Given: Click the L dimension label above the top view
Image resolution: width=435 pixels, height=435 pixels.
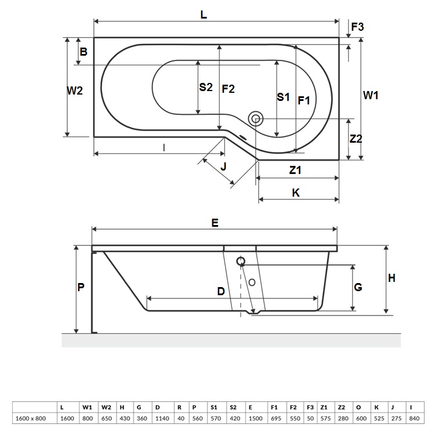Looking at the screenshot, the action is click(x=204, y=14).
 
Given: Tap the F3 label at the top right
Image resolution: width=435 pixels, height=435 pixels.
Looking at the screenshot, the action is click(x=357, y=27).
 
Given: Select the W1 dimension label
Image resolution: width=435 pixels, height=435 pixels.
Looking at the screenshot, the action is click(x=371, y=96).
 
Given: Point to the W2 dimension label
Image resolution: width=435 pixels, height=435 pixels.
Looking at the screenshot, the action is click(x=75, y=90).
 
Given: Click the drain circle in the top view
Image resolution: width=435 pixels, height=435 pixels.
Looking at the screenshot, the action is click(x=256, y=119).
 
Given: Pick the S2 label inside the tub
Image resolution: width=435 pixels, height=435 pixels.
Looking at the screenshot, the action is click(x=206, y=87).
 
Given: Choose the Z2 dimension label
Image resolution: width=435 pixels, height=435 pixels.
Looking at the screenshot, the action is click(x=356, y=139).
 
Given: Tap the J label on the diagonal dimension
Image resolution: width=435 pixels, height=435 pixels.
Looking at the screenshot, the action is click(x=223, y=166).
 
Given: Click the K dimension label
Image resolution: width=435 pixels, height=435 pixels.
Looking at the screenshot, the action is click(x=296, y=193).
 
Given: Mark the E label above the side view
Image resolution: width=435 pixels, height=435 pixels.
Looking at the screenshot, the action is click(x=215, y=223).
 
